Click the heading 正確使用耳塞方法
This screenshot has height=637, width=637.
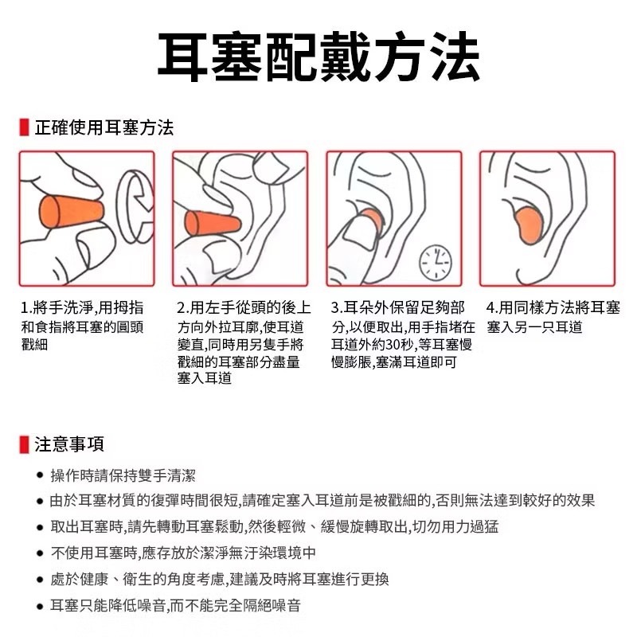coord(104,127)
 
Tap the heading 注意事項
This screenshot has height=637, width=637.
coord(69,444)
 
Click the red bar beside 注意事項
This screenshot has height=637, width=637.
coord(25,444)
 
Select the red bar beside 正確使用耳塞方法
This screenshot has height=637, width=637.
coord(25,127)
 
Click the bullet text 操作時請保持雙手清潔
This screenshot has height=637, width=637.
coord(123,476)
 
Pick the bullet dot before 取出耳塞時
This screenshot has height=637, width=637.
coord(38,528)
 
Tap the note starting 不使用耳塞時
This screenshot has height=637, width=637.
coord(183,553)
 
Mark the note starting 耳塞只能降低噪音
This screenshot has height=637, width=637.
coord(175,606)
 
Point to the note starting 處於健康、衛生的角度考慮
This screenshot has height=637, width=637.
coord(219,580)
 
